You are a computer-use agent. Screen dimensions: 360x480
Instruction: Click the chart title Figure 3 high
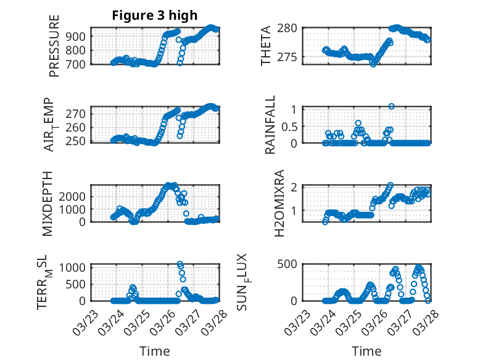154,15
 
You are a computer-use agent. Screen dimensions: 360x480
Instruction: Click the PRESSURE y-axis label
54,47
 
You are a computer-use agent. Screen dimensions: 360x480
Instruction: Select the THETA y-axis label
266,46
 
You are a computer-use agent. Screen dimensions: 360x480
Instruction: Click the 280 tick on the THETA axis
291,28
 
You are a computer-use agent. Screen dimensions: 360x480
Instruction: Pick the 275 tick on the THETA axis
291,57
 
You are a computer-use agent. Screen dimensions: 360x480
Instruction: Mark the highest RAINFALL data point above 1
391,106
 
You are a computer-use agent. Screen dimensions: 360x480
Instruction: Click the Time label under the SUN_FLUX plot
366,351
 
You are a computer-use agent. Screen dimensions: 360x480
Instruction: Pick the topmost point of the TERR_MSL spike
180,264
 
